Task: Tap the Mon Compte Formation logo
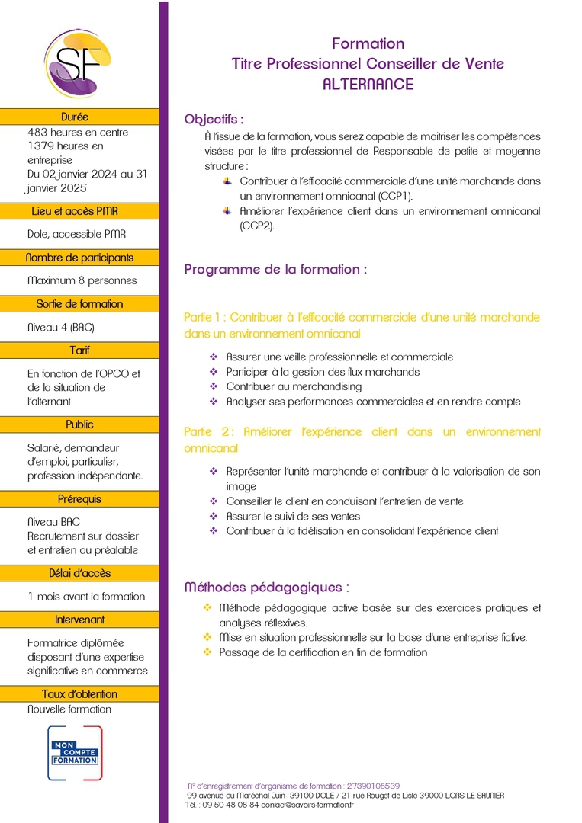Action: click(75, 752)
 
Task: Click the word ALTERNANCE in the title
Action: click(368, 84)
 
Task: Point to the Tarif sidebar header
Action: click(79, 351)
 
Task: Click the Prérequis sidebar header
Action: click(79, 499)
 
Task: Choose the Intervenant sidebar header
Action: click(79, 620)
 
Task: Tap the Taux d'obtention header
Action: click(79, 694)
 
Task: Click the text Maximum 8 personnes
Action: click(82, 280)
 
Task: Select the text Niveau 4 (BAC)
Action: click(61, 328)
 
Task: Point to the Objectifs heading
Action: click(214, 120)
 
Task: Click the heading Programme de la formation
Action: click(275, 269)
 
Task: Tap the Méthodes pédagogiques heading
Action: click(267, 588)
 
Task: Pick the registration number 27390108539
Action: click(373, 786)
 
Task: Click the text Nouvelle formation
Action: click(69, 709)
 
